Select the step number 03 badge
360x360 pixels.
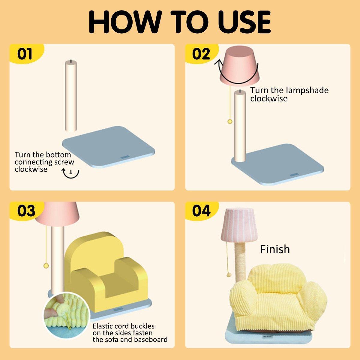coord(26,211)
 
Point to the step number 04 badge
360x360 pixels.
coord(201,211)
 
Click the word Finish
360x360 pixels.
coord(275,249)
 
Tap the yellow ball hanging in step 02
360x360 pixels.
coord(230,122)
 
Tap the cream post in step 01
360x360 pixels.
coord(71,96)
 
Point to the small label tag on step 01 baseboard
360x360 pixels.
coord(124,157)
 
